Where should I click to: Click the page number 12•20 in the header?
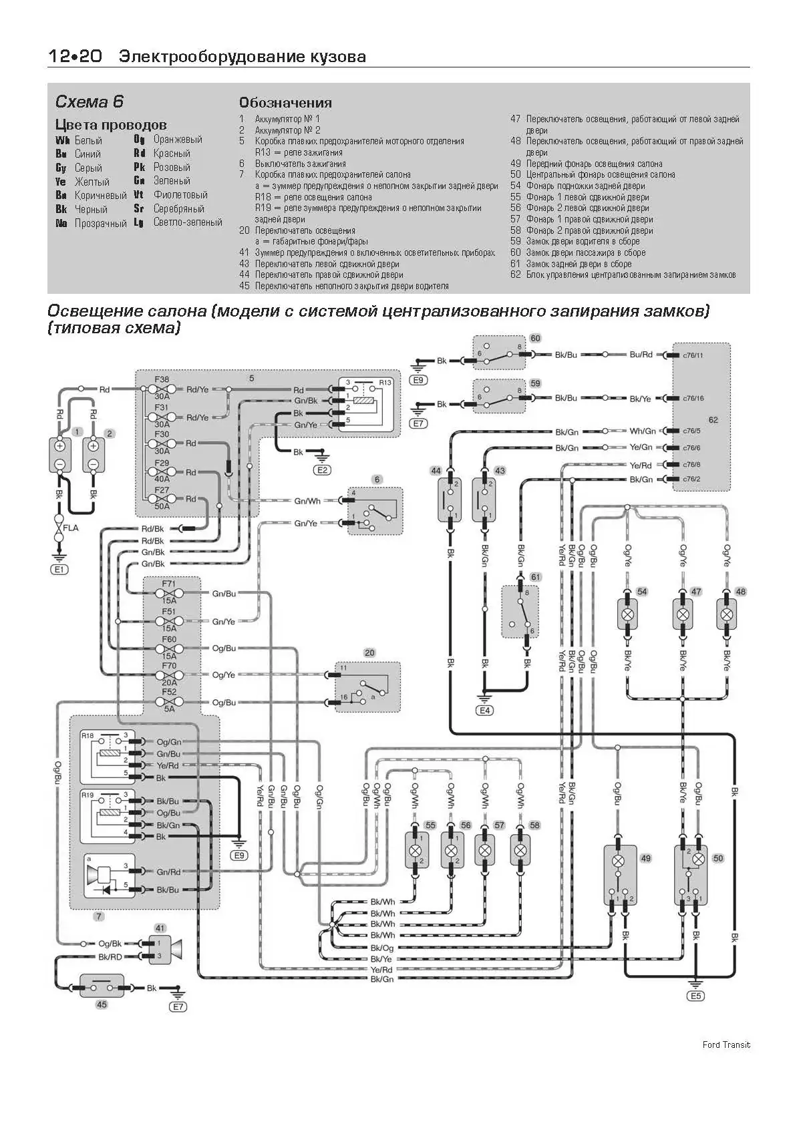[74, 57]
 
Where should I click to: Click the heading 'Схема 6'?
[89, 102]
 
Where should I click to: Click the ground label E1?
[59, 569]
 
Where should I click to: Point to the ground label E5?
[695, 996]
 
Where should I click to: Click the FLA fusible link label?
[70, 528]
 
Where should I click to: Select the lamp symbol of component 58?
[520, 850]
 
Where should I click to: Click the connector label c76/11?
[693, 355]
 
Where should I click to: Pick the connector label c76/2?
[691, 479]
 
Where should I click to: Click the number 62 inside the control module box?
[713, 419]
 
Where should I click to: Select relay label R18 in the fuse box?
[88, 735]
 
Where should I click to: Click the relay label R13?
[385, 383]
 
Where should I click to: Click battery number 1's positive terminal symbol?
[60, 446]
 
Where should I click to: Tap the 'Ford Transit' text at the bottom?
[725, 1044]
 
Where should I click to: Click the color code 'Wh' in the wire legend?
[62, 140]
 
